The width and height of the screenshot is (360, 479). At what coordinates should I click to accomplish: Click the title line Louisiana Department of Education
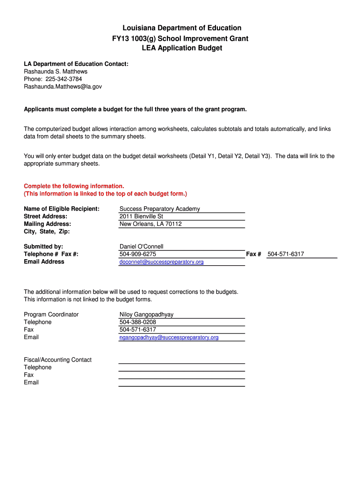180,28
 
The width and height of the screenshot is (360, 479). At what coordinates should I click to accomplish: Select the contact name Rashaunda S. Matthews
56,72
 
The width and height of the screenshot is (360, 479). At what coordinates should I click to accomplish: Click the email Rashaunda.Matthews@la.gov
63,87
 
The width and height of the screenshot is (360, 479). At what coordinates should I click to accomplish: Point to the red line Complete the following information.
74,186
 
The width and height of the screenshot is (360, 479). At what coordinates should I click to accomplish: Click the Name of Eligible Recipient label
62,209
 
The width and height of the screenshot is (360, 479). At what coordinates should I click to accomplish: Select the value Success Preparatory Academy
159,209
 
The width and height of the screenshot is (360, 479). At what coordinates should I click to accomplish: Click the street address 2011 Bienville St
141,217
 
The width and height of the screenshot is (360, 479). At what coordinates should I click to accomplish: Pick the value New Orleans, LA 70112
151,224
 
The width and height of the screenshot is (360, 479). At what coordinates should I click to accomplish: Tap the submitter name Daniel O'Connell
141,247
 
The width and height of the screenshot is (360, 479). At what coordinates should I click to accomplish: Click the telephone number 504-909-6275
138,254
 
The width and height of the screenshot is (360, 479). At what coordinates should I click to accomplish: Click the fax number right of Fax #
286,254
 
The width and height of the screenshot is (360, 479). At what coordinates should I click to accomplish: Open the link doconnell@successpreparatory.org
161,262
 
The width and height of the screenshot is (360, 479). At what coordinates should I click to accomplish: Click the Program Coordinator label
51,314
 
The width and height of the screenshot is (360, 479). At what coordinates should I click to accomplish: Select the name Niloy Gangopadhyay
146,314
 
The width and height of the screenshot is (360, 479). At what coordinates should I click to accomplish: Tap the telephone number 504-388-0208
138,322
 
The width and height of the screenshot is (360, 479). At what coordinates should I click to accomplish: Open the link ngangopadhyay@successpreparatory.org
169,337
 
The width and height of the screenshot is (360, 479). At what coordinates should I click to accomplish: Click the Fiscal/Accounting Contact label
58,360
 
